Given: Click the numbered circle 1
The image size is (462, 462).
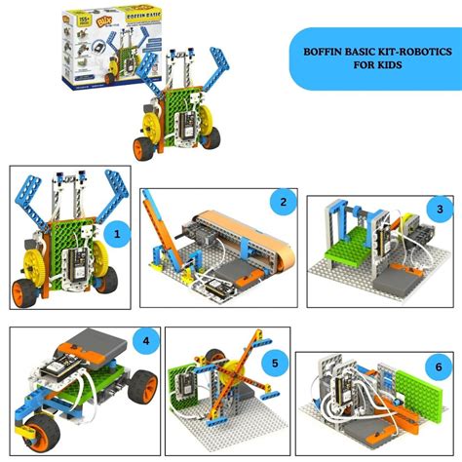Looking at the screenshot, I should coord(118,235).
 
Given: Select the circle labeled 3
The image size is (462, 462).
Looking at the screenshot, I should coord(440,209).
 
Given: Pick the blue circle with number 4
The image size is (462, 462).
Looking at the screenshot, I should coord(145,341).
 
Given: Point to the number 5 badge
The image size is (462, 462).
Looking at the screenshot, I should coord(274,364).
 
